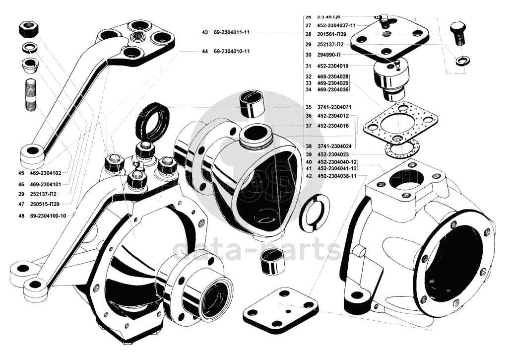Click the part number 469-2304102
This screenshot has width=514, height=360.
tap(46, 173)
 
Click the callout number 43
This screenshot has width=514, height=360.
tap(205, 32)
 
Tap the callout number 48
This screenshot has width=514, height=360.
tap(20, 216)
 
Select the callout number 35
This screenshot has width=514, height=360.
tap(308, 107)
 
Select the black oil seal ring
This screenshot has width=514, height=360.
tap(152, 121)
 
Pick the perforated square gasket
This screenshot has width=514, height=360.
tap(400, 122)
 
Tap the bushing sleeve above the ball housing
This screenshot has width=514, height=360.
tap(252, 104)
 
